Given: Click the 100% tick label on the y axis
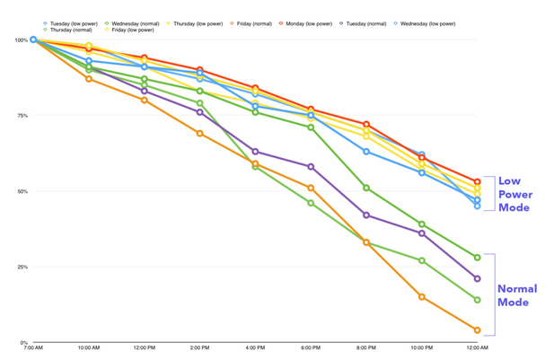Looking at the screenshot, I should click(21, 40).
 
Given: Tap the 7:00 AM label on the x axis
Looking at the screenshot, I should click(33, 348).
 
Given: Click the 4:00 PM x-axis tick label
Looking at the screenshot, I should click(255, 348).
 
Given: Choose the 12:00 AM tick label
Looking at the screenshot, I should click(477, 348).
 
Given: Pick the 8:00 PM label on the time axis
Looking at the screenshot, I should click(366, 348).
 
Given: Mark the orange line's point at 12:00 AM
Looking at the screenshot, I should click(477, 330).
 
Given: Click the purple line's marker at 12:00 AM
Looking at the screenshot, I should click(477, 278).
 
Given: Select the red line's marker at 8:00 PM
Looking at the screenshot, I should click(366, 125).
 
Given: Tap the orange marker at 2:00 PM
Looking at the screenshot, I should click(199, 134).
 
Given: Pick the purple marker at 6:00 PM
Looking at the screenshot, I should click(311, 167).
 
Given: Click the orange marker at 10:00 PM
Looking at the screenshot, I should click(421, 297).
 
